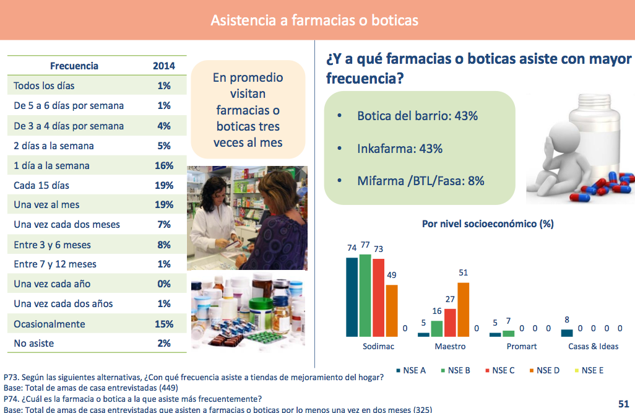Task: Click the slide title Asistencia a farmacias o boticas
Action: coord(314,20)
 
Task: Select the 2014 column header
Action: coord(164,66)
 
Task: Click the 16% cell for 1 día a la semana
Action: coord(164,165)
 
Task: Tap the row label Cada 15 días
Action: coord(41,185)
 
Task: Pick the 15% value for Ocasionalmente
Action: coord(164,324)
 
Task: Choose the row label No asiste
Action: coord(33,343)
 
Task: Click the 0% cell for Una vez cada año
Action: coord(164,284)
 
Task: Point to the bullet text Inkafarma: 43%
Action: coord(400,149)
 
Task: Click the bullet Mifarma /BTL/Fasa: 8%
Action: coord(421,181)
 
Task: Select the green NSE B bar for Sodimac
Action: coord(365,295)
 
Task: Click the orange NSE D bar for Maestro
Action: coord(464,310)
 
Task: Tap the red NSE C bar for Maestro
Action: coord(450,323)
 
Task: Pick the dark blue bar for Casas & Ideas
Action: coord(567,333)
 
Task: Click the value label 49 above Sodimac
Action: coord(392,275)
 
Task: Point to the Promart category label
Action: coord(522,347)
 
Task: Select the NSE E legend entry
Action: coord(589,370)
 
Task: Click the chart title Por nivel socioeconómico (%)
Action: coord(488,224)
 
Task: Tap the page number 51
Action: coord(624,404)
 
